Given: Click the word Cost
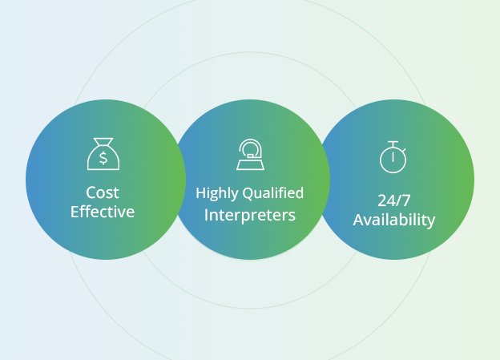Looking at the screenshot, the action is pos(103,192).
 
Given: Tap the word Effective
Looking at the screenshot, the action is pos(103,212).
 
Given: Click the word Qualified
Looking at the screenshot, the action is pos(273,193).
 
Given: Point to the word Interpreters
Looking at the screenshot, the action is pos(250,215).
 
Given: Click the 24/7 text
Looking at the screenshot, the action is pos(393,200).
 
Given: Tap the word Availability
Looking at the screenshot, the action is pos(393,220).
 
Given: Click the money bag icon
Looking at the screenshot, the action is pos(103,154).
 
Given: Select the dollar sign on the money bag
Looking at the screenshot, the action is pos(103,158).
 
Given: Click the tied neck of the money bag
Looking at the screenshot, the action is pos(103,141).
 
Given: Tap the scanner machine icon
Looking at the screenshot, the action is pos(250,155).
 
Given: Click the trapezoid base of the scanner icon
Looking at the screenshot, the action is pos(250,165).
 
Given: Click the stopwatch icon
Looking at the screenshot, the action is pos(393,157).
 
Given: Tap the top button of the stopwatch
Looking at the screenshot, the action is pos(393,142).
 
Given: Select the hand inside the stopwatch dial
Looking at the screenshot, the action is pos(393,157).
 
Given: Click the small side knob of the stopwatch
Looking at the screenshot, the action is pos(404,150).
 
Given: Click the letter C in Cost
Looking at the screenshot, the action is pos(91,192).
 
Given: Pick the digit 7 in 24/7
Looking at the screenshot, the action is pos(405,200).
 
